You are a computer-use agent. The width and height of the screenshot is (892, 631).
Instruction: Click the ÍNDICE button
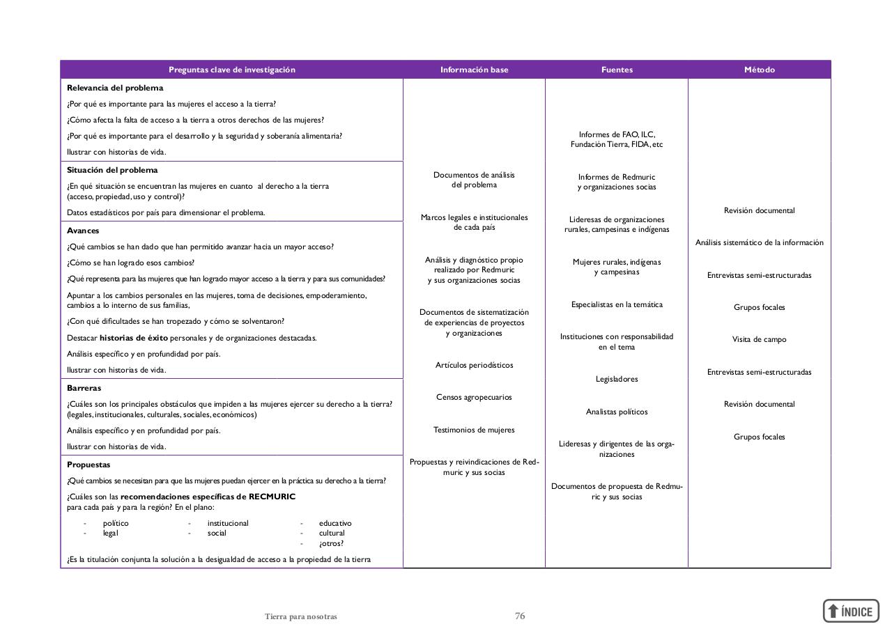click(851, 611)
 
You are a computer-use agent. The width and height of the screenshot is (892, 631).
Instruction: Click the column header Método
click(759, 70)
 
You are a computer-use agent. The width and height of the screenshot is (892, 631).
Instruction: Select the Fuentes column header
click(617, 70)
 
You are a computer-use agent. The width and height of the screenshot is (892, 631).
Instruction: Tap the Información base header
click(474, 70)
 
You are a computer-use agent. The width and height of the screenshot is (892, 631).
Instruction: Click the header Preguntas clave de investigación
click(231, 70)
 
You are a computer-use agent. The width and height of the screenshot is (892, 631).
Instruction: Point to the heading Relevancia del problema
click(115, 88)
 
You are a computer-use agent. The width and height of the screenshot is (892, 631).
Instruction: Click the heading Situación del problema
click(112, 170)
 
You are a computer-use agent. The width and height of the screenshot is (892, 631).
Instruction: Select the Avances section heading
click(83, 231)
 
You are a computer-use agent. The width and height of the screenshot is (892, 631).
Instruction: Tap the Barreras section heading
click(84, 388)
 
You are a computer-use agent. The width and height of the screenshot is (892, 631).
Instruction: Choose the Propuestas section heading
click(89, 465)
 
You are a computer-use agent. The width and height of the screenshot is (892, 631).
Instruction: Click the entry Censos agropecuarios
click(474, 397)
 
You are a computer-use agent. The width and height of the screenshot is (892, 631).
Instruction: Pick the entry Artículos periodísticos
click(474, 365)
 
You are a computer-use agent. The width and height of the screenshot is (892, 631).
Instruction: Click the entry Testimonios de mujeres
click(474, 430)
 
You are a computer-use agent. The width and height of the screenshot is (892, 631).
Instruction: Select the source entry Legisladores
click(617, 379)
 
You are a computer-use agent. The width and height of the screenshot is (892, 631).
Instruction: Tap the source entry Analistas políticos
click(617, 412)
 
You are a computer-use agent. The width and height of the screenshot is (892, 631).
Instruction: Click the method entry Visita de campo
click(759, 339)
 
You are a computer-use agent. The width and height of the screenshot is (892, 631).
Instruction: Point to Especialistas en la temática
click(617, 304)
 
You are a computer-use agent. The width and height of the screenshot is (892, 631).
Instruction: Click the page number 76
click(520, 616)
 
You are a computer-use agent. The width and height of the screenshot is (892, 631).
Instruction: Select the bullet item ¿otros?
click(331, 543)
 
